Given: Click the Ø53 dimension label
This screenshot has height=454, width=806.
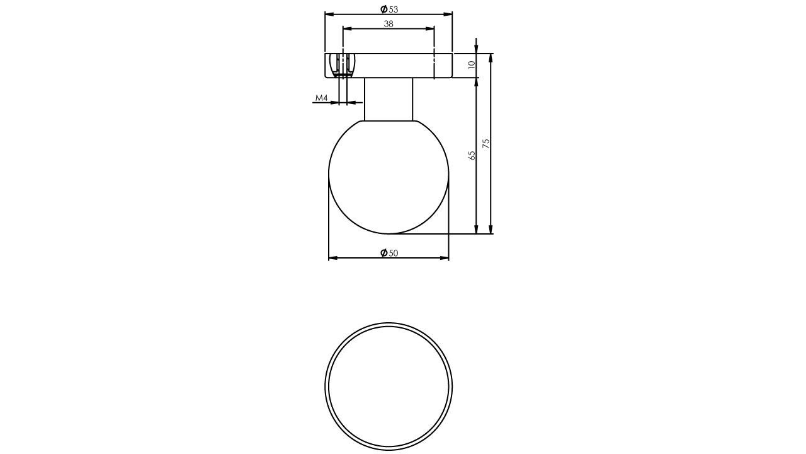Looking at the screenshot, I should coord(390,9).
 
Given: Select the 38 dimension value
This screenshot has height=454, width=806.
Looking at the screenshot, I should coord(389,24).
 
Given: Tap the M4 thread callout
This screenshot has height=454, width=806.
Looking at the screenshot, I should coord(321,98).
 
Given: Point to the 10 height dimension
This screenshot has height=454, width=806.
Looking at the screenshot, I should coord(471,65).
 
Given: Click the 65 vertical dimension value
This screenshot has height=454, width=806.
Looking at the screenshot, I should coord(472,155).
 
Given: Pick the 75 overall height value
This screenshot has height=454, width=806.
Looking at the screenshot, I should coord(485,144).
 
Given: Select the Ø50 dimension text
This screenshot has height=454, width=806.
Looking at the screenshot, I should coord(390,253).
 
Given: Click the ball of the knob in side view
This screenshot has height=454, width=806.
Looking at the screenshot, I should coord(389,177).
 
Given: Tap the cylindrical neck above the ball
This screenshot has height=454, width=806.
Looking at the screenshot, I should coord(389,99).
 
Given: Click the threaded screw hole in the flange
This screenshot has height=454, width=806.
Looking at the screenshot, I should coord(343,64).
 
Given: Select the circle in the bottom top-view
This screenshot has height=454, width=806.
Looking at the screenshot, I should coord(389,387).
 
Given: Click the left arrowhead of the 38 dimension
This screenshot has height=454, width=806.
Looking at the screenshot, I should coord(346,28).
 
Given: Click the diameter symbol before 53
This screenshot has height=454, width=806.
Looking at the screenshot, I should coord(383,9).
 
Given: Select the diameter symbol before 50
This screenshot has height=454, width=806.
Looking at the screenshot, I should coord(383,253).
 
